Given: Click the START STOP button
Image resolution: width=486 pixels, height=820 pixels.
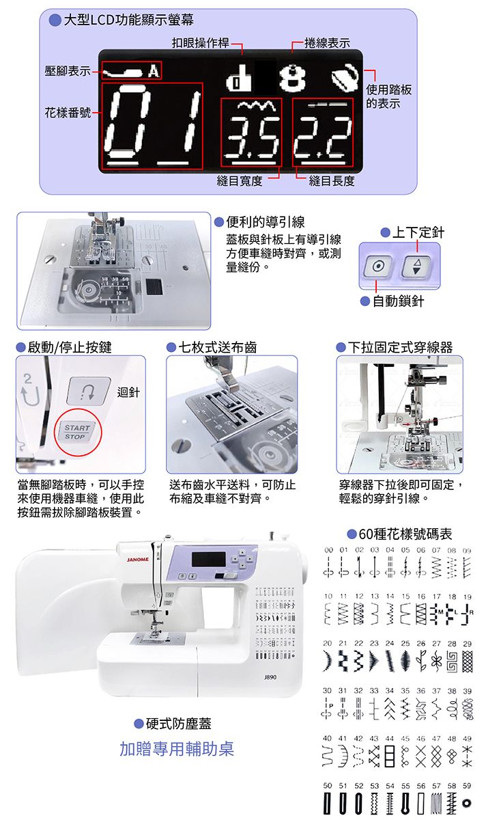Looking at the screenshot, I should pyautogui.click(x=75, y=432).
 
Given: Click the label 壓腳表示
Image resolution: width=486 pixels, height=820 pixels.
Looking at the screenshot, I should pyautogui.click(x=67, y=71).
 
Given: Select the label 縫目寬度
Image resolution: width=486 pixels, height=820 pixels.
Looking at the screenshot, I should pyautogui.click(x=239, y=180).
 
